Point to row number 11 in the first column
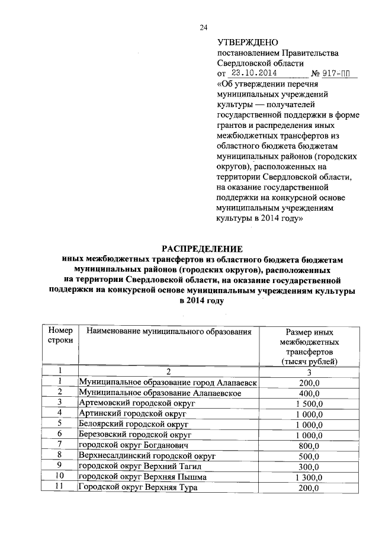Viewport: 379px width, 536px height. click(x=60, y=487)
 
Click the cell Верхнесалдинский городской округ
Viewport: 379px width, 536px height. click(x=147, y=456)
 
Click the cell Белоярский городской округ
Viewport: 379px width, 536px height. click(x=134, y=424)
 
